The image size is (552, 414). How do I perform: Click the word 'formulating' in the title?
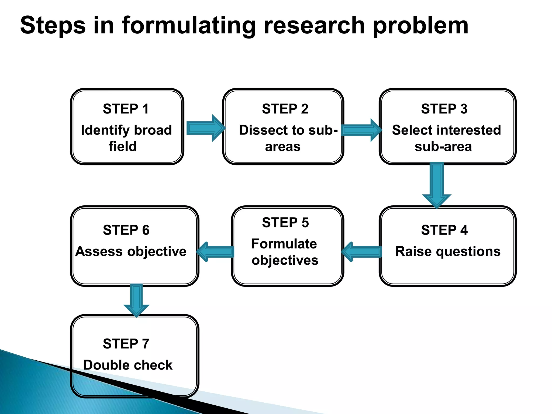tap(188, 26)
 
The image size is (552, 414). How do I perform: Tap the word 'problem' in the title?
tap(420, 26)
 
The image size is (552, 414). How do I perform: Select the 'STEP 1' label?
tap(126, 109)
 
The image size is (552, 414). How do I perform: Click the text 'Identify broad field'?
tap(126, 138)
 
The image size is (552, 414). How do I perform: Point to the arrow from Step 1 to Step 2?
tap(205, 128)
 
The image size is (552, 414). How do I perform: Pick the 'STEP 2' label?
tap(285, 109)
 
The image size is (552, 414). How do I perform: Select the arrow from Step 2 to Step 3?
tap(361, 130)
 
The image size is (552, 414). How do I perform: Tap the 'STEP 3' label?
tap(444, 109)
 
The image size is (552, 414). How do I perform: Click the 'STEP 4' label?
tap(444, 230)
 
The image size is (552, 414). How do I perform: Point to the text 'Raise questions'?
tap(448, 251)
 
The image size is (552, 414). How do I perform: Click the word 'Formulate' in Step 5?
tap(284, 244)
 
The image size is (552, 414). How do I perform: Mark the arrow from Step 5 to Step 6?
tap(216, 252)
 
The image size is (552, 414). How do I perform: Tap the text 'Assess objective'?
tap(131, 251)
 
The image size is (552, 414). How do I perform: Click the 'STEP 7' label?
tap(126, 344)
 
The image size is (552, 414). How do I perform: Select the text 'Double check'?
tap(128, 365)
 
